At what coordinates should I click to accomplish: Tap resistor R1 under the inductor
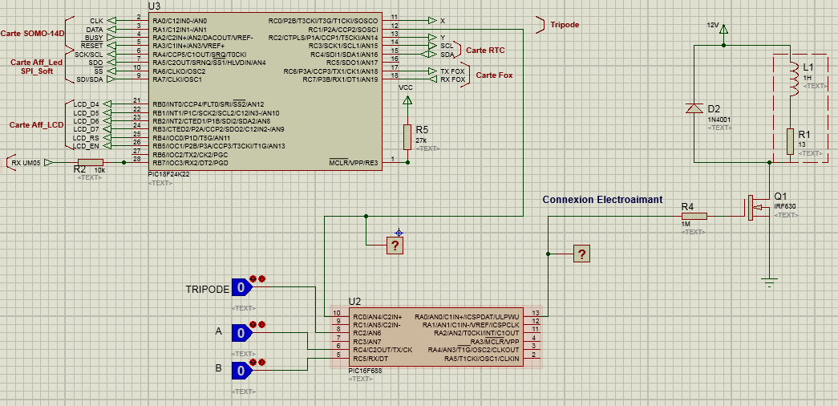791,141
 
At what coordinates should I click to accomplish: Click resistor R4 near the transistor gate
694,215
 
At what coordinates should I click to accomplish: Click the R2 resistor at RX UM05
91,162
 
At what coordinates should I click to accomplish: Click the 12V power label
713,25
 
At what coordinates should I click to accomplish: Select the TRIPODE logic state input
241,288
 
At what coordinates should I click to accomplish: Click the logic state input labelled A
241,331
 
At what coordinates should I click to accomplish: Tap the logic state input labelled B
241,370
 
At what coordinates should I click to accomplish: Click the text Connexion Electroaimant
602,199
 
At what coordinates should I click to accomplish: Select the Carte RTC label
485,50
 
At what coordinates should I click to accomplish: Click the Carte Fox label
494,75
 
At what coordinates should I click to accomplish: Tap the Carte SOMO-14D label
31,33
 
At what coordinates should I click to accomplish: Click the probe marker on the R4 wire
582,254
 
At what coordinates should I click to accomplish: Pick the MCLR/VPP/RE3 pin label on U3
354,162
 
